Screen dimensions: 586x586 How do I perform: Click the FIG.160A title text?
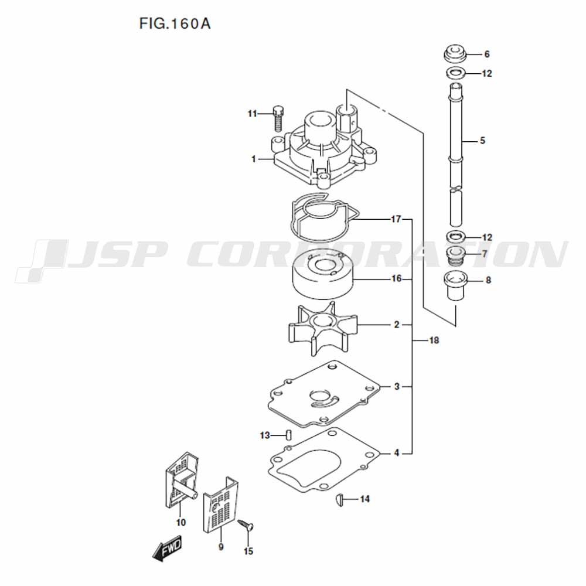point(175,23)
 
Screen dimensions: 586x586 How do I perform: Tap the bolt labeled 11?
point(277,118)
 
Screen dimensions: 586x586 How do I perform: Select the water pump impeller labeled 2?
point(322,328)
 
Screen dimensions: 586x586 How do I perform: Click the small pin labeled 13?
point(288,435)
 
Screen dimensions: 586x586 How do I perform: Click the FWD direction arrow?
point(167,547)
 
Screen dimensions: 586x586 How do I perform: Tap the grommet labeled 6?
point(455,54)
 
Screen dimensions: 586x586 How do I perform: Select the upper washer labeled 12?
point(455,73)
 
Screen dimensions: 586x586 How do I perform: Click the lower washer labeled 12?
point(455,237)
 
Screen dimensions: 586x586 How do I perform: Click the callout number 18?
point(434,340)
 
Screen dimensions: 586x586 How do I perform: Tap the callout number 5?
point(482,141)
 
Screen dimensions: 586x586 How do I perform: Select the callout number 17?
point(396,219)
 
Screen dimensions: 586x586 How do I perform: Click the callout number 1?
point(254,159)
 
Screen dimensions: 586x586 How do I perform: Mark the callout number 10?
point(181,523)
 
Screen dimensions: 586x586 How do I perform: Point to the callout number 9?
point(221,547)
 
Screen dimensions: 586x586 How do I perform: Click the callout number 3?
point(397,386)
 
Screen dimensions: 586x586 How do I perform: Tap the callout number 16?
point(396,279)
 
